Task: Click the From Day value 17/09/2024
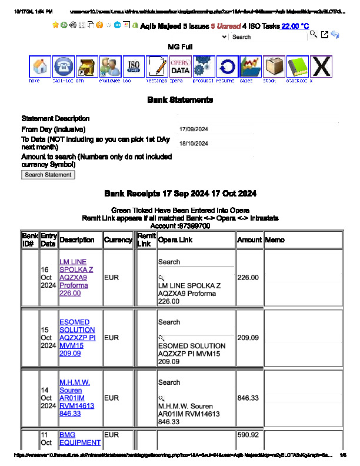tap(194, 129)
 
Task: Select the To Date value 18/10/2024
tap(194, 144)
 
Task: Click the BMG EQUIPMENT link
tap(80, 439)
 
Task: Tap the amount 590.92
tap(248, 435)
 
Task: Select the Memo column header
tap(275, 240)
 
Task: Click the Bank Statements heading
tap(180, 101)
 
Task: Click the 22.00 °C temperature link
tap(295, 26)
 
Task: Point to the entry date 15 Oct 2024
tap(48, 338)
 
